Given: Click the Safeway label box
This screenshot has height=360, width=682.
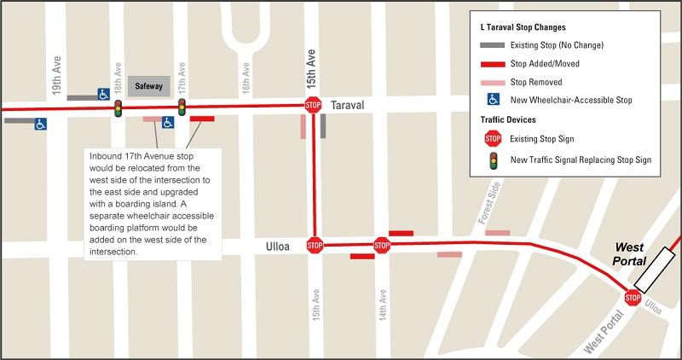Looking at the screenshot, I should click(149, 86).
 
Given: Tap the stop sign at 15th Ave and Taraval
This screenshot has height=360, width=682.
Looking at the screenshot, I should click(313, 106).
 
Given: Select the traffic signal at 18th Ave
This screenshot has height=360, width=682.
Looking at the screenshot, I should click(118, 107).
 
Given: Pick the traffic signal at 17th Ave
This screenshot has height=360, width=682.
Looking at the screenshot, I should click(182, 107).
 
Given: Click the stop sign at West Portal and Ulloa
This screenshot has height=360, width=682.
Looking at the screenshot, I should click(633, 298).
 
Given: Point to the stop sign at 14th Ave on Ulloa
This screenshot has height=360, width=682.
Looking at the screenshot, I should click(382, 246).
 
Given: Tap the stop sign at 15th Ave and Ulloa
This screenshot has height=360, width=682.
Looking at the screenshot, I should click(314, 246).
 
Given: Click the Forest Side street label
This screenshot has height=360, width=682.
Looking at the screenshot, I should click(489, 220).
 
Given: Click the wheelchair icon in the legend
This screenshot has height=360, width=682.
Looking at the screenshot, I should click(492, 100).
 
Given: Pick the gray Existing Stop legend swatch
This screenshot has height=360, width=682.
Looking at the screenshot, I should click(492, 45).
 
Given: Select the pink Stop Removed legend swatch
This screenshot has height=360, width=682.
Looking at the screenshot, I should click(492, 82).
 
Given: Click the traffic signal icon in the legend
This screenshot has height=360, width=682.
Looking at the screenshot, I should click(492, 159).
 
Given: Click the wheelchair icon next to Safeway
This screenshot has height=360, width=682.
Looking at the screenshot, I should click(102, 94).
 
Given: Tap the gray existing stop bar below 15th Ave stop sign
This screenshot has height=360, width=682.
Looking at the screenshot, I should click(323, 126).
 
